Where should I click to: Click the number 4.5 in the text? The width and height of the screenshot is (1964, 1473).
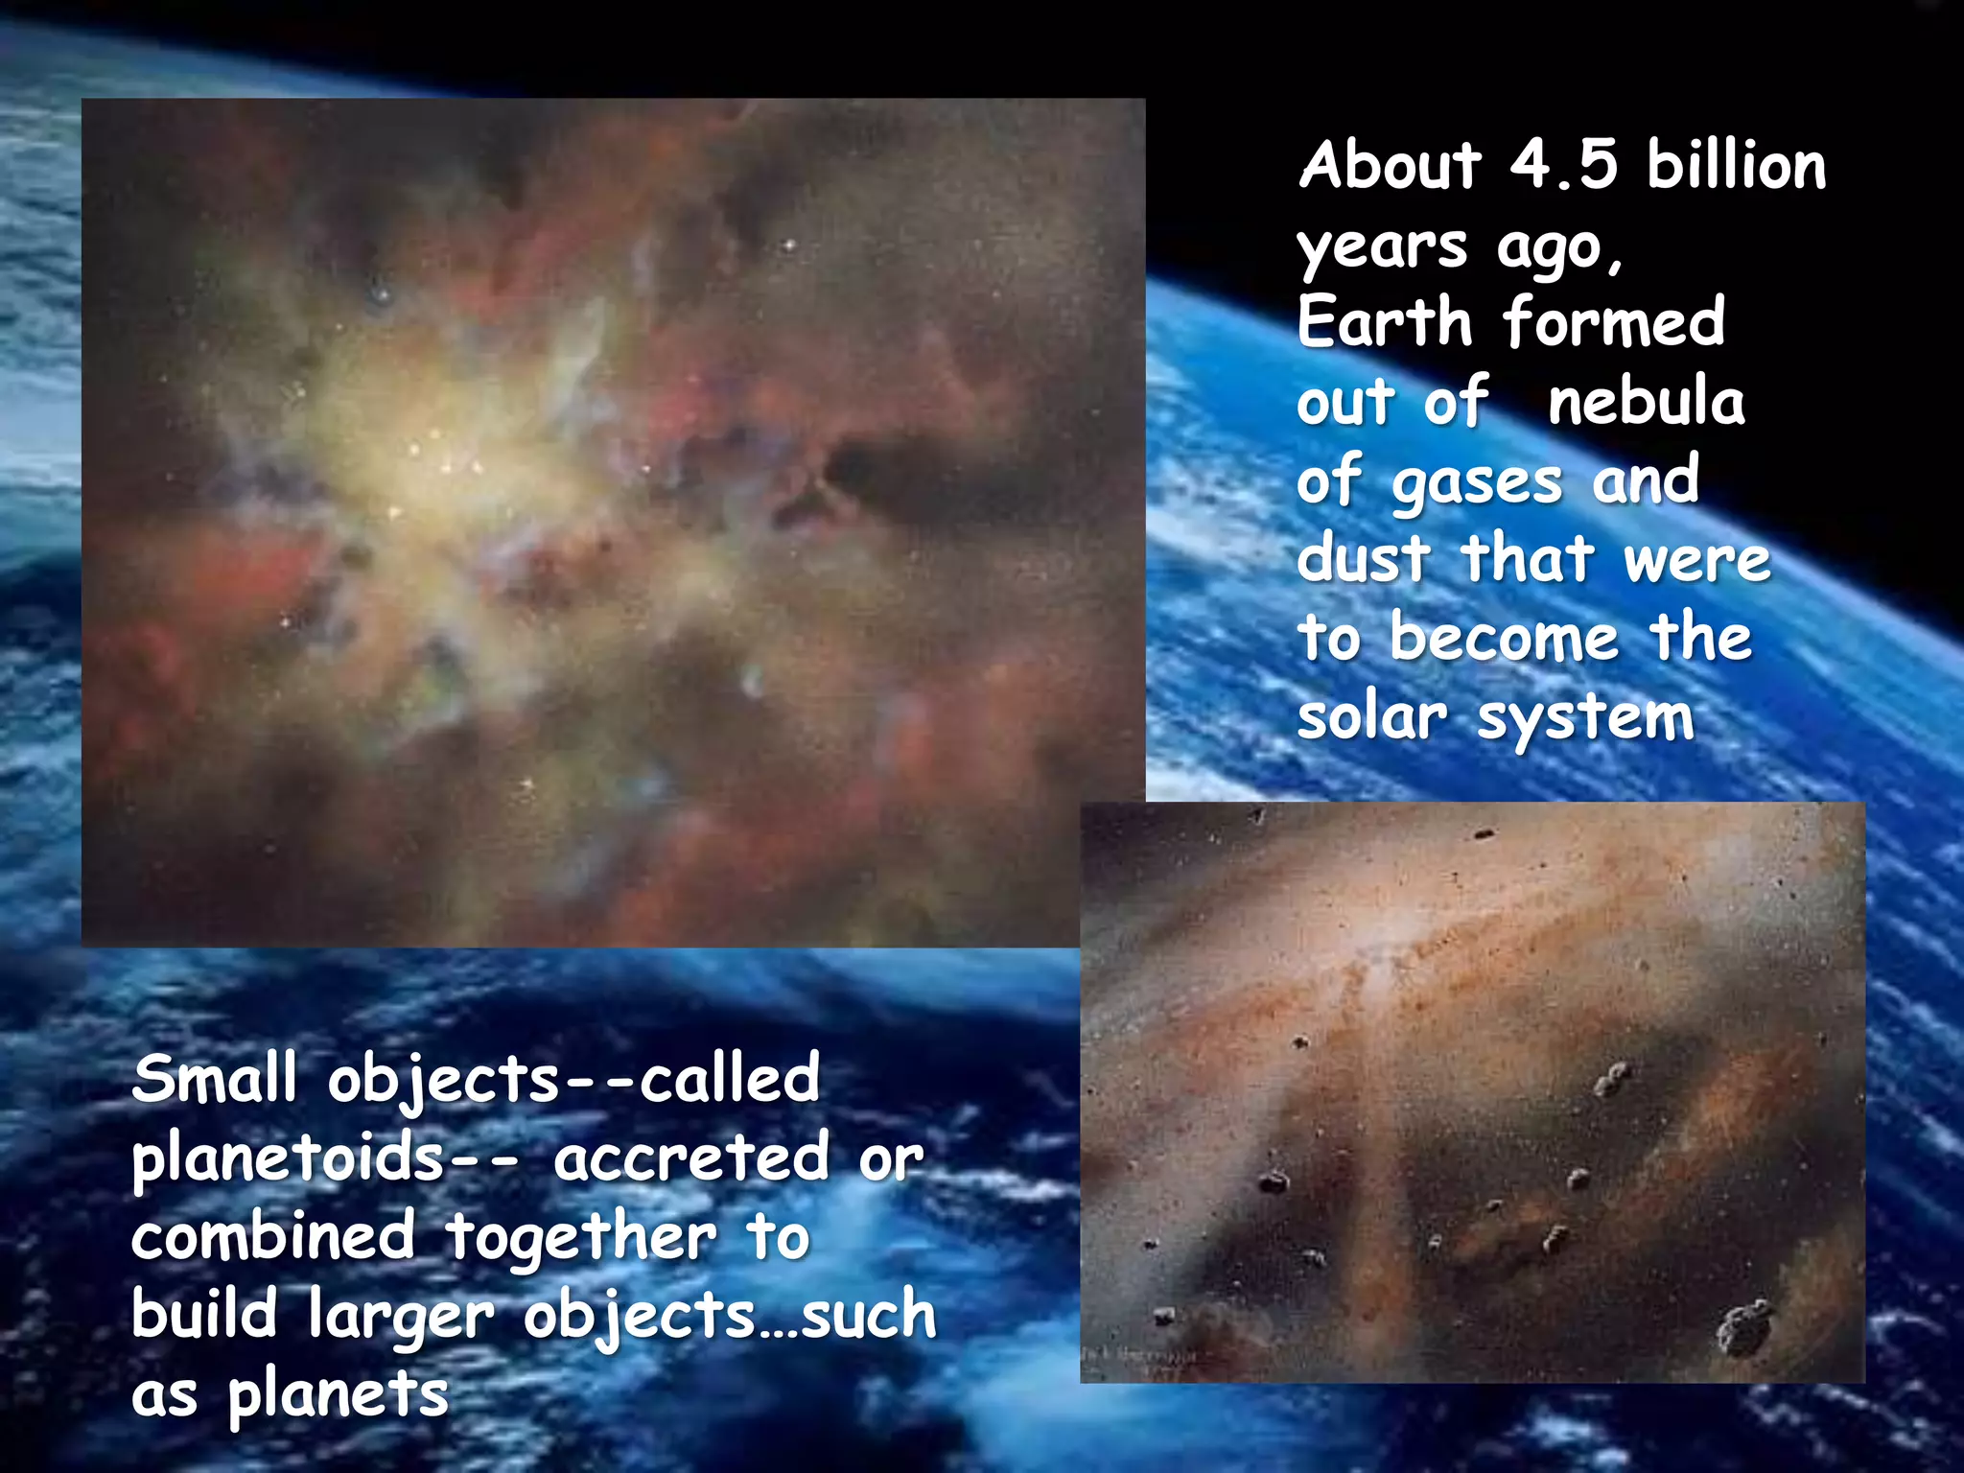tap(1563, 165)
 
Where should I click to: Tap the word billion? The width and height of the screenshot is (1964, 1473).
tap(1736, 165)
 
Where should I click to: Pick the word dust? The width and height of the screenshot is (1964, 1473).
tap(1363, 558)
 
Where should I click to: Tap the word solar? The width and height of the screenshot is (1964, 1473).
tap(1371, 716)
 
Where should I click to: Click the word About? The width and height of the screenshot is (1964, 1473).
tap(1391, 165)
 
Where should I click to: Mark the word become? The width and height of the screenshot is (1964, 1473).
tap(1504, 637)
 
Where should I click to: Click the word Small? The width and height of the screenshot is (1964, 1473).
tap(215, 1078)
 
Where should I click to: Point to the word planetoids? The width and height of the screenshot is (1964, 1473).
tap(288, 1158)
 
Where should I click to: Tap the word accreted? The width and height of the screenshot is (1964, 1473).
tap(690, 1158)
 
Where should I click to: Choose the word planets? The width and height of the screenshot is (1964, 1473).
tap(338, 1396)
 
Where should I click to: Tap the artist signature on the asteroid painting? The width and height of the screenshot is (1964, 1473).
tap(1141, 1360)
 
